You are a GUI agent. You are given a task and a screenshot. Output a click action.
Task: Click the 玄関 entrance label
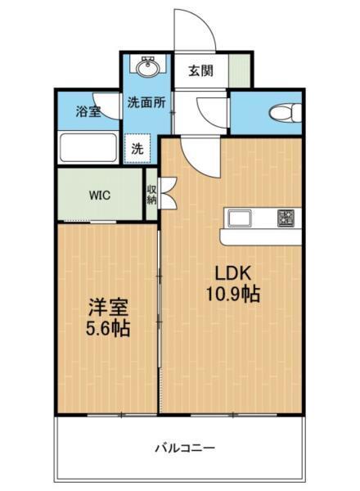200,70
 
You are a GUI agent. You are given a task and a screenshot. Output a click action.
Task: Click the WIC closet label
101,195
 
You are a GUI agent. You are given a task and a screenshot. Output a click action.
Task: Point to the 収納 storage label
152,195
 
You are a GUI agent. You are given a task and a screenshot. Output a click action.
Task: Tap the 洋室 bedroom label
108,309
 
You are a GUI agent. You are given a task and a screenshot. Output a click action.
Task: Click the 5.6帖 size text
108,330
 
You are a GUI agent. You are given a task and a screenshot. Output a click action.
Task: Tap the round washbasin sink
148,69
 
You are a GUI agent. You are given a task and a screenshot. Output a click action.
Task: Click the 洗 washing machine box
138,150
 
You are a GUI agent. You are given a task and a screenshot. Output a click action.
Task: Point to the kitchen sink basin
242,218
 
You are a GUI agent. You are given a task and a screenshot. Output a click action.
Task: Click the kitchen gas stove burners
286,218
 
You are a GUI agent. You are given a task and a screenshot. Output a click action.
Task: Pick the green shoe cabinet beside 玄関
237,70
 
